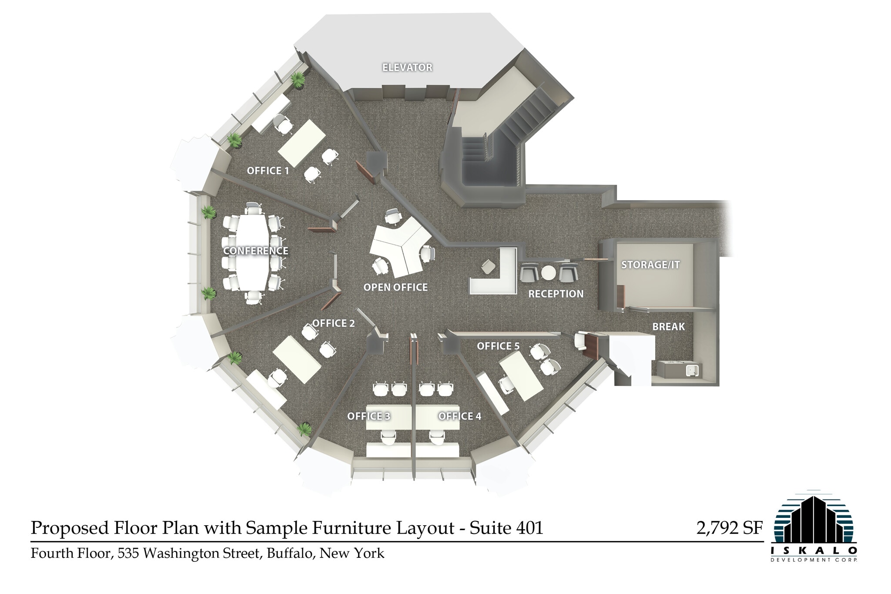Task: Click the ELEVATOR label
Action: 407,67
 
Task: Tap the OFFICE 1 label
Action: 268,171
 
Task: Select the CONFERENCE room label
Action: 255,251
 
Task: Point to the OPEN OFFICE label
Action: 395,287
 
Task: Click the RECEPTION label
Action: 556,294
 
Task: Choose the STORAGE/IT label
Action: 650,265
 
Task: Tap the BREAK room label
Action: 668,326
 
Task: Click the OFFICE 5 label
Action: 498,346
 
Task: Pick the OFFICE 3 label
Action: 368,416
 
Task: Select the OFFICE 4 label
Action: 459,416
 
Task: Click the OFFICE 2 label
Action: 333,323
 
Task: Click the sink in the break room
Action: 692,370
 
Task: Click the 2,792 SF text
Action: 729,528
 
